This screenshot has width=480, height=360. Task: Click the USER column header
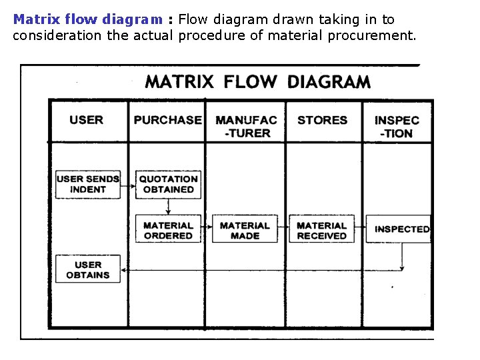click(x=87, y=120)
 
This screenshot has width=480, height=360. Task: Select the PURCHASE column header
click(x=167, y=120)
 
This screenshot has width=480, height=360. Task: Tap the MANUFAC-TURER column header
click(x=245, y=126)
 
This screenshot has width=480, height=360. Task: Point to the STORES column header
click(x=323, y=120)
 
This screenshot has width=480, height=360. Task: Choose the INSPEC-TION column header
click(x=397, y=126)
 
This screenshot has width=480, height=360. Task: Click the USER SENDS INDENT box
click(x=88, y=184)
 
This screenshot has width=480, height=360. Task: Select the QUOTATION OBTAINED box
click(x=168, y=184)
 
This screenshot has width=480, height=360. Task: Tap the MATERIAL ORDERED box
click(x=168, y=230)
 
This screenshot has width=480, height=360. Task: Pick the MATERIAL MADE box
click(x=245, y=230)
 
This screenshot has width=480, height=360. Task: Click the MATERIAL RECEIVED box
click(x=322, y=230)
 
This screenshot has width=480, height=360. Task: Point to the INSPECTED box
click(x=400, y=229)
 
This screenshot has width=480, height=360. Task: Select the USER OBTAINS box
click(x=88, y=269)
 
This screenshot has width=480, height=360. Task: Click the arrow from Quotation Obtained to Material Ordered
click(x=168, y=207)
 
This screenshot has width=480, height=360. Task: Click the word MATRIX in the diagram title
click(x=179, y=82)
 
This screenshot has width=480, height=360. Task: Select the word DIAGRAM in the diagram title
click(x=329, y=82)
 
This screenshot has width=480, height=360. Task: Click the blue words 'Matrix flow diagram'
click(x=87, y=19)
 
